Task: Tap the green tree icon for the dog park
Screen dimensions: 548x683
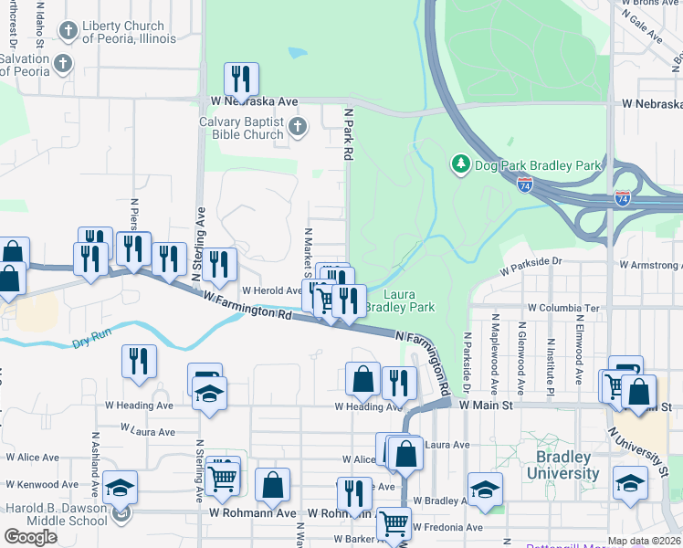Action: coord(461,164)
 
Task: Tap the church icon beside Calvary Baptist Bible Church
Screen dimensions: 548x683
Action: coord(297,127)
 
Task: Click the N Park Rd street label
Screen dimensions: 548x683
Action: coord(348,133)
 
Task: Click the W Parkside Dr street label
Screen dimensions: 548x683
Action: coord(532,267)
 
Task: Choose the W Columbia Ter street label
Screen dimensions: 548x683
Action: coord(563,309)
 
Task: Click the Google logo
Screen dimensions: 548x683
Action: coord(30,536)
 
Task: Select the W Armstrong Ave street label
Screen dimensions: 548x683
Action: coord(650,265)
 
